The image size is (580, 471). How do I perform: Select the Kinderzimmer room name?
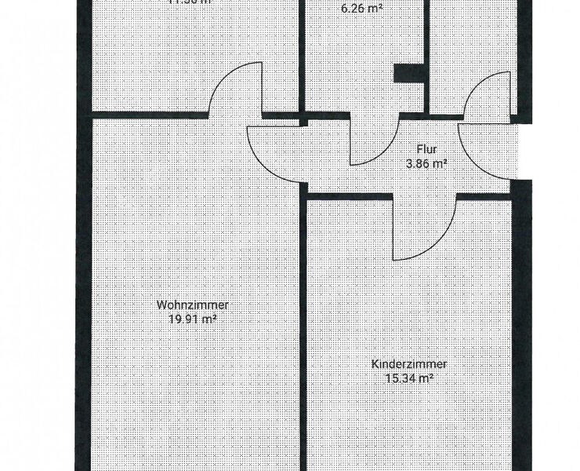[409, 364]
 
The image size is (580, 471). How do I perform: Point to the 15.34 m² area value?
[409, 378]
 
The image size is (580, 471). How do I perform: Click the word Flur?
[427, 150]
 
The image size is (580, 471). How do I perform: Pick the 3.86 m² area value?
[426, 164]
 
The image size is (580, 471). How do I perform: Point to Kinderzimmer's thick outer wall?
[521, 330]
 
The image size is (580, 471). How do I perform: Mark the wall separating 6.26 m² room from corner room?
[427, 47]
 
